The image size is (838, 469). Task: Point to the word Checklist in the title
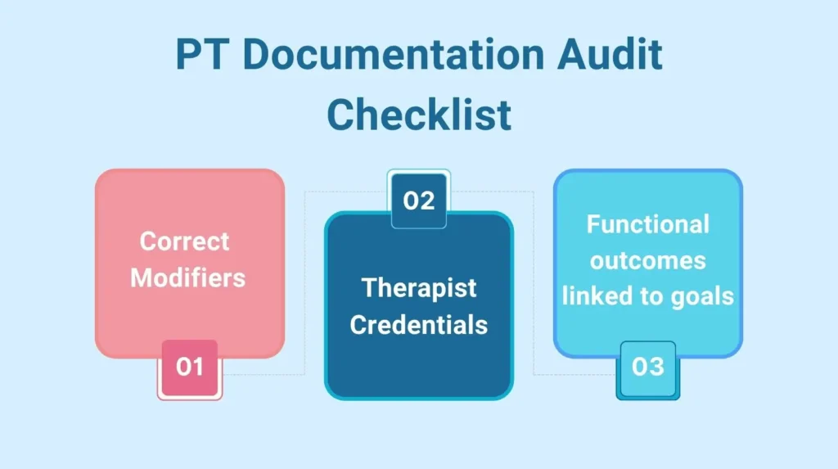[x=419, y=115]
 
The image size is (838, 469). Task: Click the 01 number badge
[x=189, y=366]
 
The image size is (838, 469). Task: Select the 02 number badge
[x=418, y=201]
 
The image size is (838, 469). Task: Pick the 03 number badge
[x=647, y=366]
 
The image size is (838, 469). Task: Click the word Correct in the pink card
[x=184, y=241]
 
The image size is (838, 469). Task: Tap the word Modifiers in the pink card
[x=188, y=277]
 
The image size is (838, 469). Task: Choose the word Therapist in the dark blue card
[x=419, y=288]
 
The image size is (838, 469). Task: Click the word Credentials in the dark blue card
[x=419, y=324]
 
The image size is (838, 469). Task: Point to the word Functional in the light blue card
[x=647, y=224]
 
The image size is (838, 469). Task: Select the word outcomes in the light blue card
[x=647, y=260]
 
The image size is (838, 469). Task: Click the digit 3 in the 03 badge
[x=656, y=366]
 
